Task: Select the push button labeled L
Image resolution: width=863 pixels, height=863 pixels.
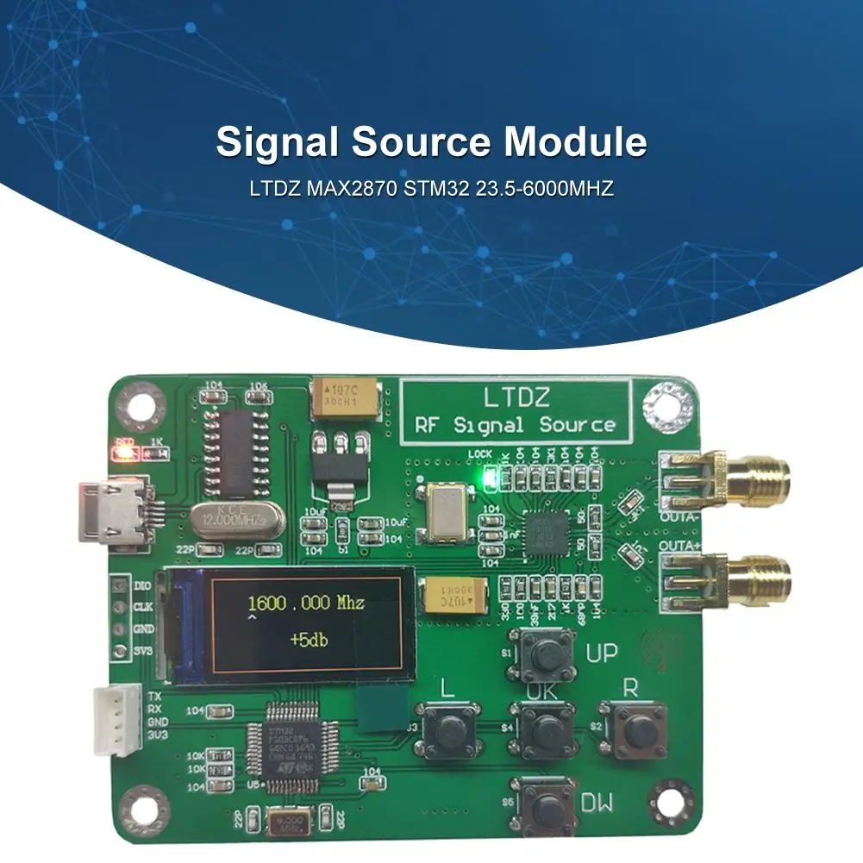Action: coord(447,729)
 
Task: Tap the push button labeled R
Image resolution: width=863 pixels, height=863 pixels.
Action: coord(634,731)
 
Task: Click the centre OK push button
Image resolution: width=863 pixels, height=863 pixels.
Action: coord(542,731)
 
